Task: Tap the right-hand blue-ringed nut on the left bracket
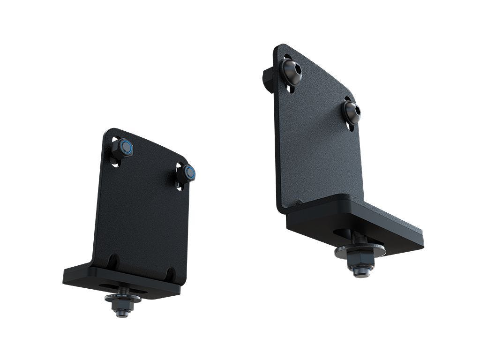(x=188, y=173)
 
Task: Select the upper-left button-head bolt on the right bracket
(x=292, y=72)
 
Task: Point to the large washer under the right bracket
(x=360, y=251)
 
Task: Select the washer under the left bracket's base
(x=123, y=298)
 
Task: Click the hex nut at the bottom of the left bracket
(x=123, y=308)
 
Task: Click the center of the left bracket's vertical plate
(x=143, y=211)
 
